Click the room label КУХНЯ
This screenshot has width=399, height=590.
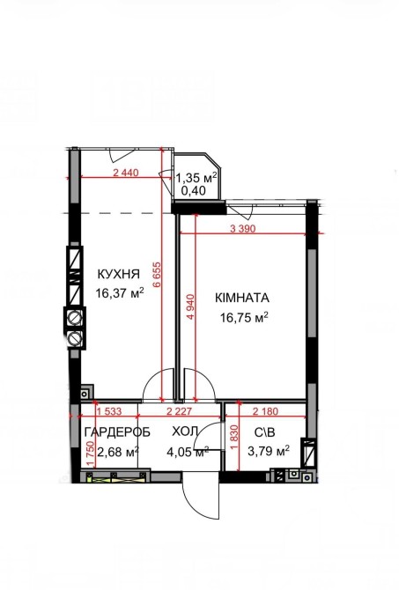pos(119,274)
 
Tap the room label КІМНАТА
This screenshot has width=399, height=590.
pos(242,298)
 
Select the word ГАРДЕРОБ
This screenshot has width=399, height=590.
pos(117,432)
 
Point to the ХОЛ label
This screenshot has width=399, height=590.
pos(185,431)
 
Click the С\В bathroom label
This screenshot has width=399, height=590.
pos(265,432)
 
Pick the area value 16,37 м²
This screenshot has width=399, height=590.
pos(120,292)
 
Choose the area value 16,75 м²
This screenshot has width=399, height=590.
pos(244,317)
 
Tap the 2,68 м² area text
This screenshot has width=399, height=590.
pos(118,451)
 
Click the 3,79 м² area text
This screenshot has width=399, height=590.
pos(269,450)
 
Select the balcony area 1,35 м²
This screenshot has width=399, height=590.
pos(197,177)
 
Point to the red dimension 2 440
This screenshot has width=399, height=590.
pos(126,173)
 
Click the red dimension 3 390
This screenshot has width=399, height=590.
pos(243,228)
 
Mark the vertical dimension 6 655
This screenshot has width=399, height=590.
pos(157,274)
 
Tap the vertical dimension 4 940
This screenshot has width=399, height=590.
pos(191,307)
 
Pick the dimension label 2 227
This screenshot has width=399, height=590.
pos(179,411)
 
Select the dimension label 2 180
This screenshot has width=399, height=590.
pos(265,411)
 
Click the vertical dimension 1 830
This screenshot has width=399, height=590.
pos(233,438)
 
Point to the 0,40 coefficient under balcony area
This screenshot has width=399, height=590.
pos(194,191)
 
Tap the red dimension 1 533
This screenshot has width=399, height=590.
pos(109,411)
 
